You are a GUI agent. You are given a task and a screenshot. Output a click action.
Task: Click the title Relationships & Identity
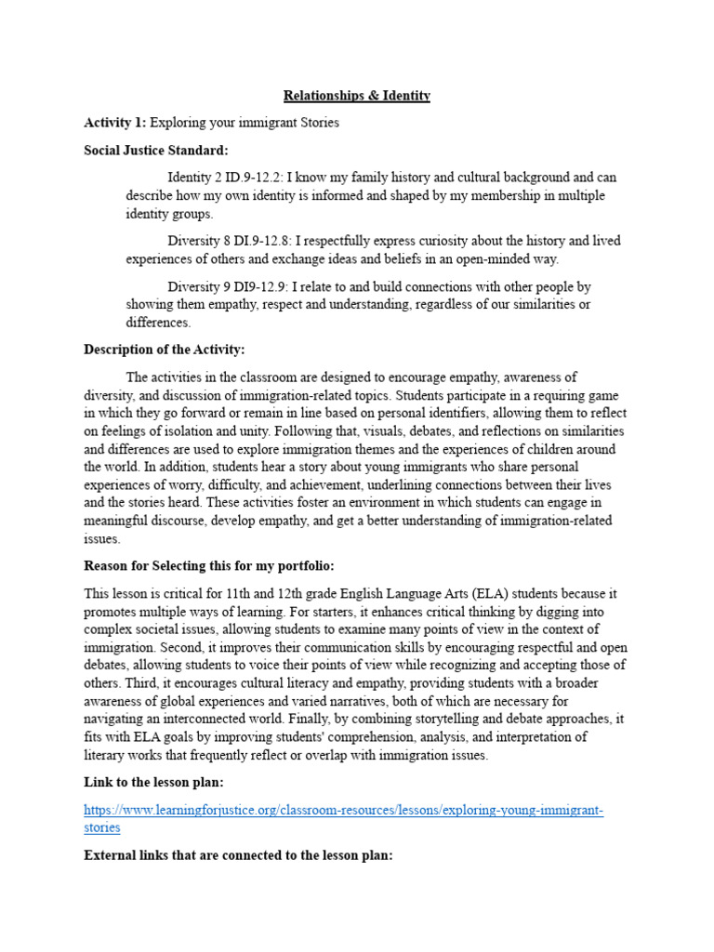click(357, 96)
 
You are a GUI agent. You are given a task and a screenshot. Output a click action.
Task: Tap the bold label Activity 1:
click(115, 123)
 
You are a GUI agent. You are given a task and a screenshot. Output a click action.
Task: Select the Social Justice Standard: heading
click(155, 150)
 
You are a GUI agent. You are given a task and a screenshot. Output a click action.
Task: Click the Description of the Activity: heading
click(165, 350)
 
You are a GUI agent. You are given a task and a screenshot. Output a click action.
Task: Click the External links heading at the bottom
click(238, 854)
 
